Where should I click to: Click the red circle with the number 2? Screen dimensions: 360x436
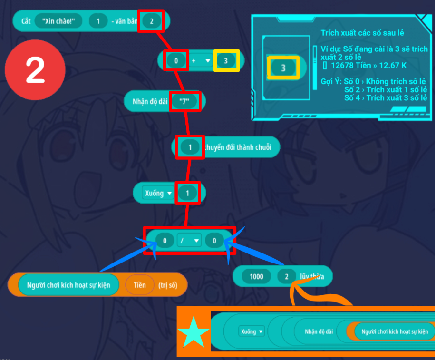point(35,69)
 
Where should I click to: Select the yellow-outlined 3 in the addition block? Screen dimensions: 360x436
point(226,61)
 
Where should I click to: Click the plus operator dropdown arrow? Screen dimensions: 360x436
point(207,61)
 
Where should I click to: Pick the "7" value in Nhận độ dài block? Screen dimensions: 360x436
point(184,101)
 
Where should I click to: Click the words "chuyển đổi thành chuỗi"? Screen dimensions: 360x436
point(238,147)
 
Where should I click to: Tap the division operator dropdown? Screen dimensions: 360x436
point(189,241)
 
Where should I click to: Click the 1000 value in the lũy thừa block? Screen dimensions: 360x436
point(256,276)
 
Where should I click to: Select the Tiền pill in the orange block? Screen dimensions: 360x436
point(140,285)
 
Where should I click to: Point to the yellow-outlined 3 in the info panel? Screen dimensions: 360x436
point(283,68)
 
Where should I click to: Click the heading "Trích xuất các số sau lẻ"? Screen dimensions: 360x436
point(362,33)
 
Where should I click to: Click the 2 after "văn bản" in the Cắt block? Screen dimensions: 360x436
point(152,21)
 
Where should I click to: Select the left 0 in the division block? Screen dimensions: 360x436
point(165,241)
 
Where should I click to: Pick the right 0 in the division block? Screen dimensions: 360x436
point(214,241)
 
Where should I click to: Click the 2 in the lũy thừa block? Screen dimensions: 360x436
point(286,276)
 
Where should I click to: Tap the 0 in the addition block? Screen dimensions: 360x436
point(176,61)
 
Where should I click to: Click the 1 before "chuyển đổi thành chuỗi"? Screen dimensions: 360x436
point(190,147)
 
